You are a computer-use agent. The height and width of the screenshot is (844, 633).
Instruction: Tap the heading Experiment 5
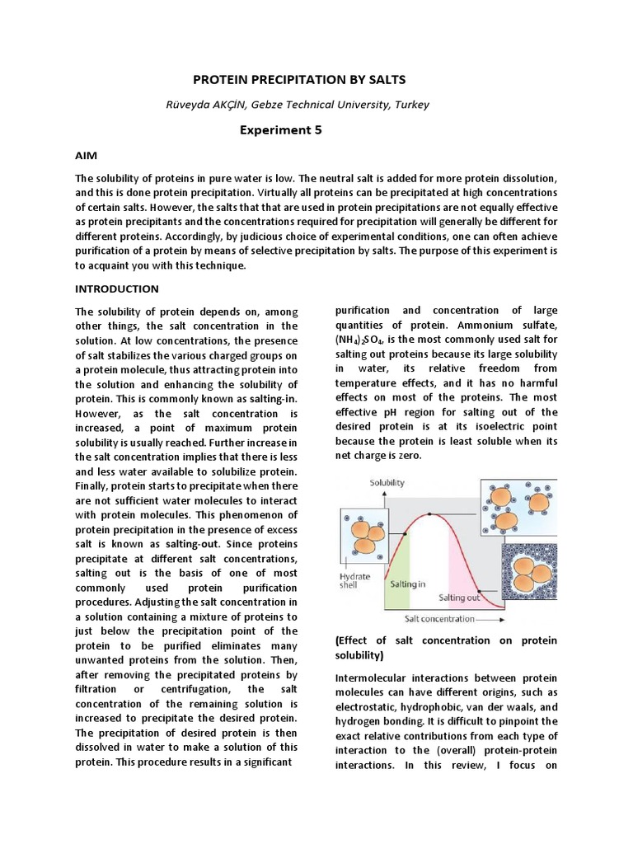pyautogui.click(x=280, y=130)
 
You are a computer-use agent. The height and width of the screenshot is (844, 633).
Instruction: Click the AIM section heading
pyautogui.click(x=87, y=155)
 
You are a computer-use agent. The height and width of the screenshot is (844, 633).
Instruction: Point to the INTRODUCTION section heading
pyautogui.click(x=116, y=289)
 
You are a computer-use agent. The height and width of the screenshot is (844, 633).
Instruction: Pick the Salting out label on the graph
pyautogui.click(x=459, y=598)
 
